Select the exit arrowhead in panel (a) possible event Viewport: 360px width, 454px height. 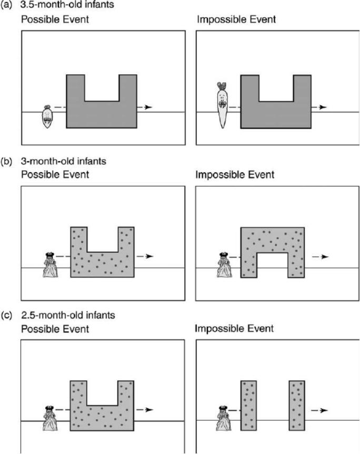coord(149,107)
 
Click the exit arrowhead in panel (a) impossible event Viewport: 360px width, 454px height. coord(323,107)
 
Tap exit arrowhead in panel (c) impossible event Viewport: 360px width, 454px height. coord(325,410)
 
